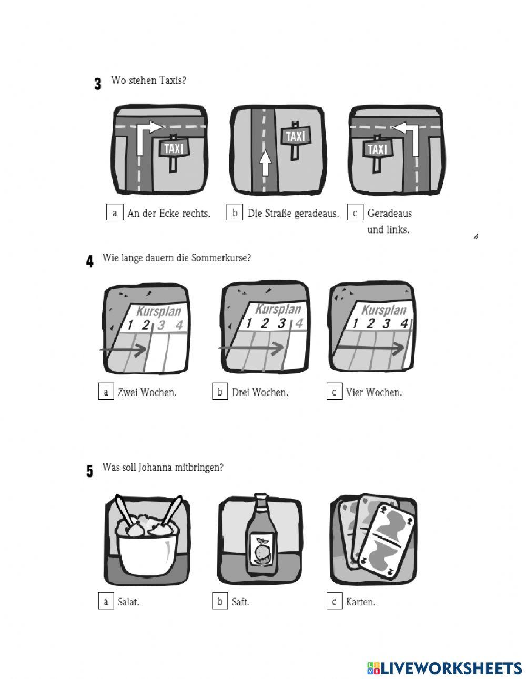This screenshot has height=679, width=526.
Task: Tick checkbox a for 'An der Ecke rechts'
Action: tap(115, 212)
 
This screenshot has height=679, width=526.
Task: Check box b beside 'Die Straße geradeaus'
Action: tap(235, 212)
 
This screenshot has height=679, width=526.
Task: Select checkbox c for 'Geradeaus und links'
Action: tap(355, 212)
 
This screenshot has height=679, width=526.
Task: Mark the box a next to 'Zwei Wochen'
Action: tap(106, 391)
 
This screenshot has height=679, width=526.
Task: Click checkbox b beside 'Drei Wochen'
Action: tap(220, 391)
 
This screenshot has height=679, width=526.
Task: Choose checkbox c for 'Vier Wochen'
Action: tap(334, 391)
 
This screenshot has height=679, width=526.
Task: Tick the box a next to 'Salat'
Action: tap(106, 601)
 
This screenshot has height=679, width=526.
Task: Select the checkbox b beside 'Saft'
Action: tap(220, 601)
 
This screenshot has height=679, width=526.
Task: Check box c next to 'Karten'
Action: tap(334, 601)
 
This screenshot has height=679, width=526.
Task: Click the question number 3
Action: tap(98, 84)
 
